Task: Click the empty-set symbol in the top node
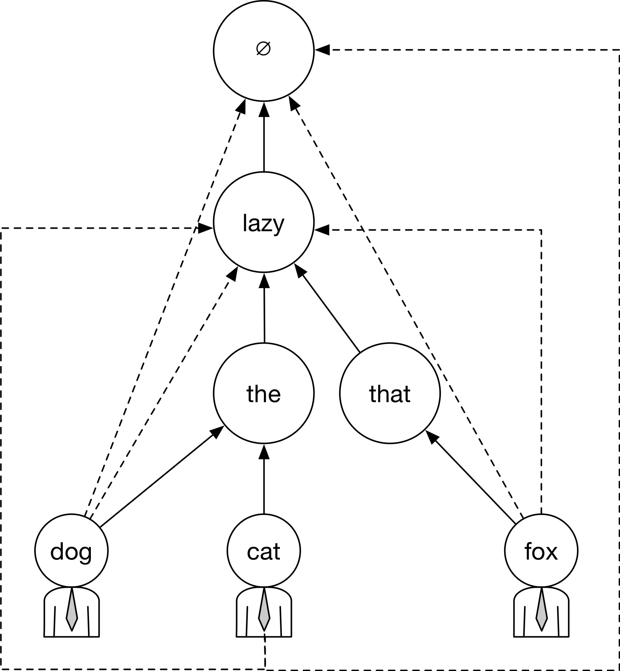click(x=263, y=49)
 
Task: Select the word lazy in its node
click(x=263, y=224)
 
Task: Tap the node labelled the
click(x=263, y=394)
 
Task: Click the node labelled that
click(x=390, y=394)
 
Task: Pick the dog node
click(x=72, y=551)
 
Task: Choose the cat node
click(x=263, y=551)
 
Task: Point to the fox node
click(x=541, y=551)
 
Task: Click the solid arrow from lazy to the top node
click(x=263, y=139)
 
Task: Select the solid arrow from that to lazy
click(x=328, y=310)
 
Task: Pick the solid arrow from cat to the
click(x=264, y=479)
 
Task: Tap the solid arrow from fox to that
click(x=471, y=479)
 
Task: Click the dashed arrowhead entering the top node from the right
click(x=323, y=49)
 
